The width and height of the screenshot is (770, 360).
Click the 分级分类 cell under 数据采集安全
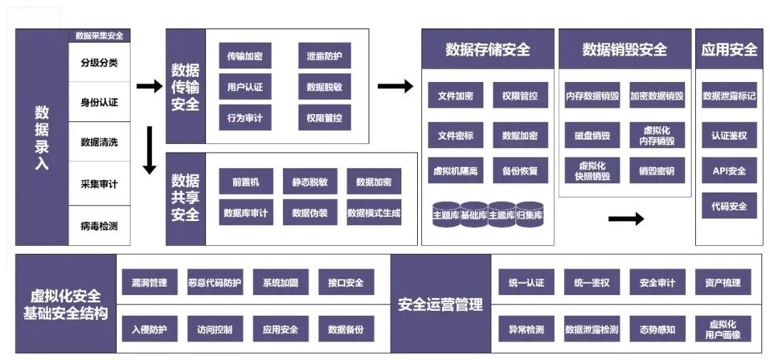[99, 62]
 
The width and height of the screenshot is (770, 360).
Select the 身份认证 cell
[99, 102]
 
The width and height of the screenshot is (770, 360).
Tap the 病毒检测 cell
[99, 227]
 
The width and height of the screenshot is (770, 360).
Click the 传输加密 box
[245, 56]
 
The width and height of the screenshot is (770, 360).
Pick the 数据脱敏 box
[324, 87]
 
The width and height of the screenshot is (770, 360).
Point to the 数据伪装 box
[310, 212]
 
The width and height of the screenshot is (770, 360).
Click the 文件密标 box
[456, 135]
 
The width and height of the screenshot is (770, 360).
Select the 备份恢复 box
[520, 171]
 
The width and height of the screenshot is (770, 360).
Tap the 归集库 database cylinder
[530, 215]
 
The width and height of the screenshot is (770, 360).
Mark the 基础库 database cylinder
[474, 215]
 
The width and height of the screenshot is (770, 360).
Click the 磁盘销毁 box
[592, 135]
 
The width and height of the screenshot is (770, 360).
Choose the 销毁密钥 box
[657, 171]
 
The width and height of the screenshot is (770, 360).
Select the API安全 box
[729, 171]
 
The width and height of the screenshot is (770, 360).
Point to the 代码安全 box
[729, 206]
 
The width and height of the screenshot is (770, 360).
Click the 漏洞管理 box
[149, 282]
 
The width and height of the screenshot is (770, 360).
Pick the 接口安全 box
[346, 282]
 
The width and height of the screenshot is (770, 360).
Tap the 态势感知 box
[657, 329]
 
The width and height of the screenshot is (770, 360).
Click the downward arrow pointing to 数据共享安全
[150, 150]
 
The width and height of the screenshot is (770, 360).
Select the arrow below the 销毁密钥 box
[625, 218]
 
